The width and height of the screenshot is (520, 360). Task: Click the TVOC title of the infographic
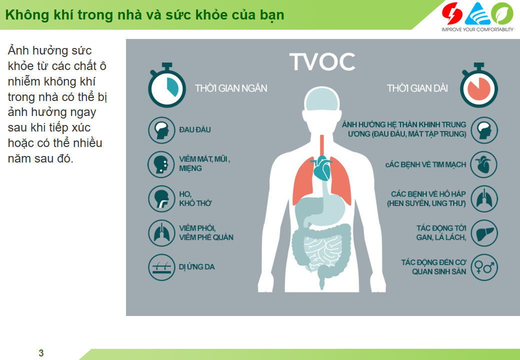(322, 61)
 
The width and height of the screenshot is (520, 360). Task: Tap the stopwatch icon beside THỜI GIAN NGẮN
(167, 85)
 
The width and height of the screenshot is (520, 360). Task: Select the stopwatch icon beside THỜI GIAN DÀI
(478, 85)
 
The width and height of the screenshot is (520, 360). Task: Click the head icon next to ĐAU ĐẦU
(161, 130)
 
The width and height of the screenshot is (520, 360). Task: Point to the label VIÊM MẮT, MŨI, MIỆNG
(204, 164)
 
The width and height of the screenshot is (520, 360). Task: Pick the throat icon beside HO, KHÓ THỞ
(161, 198)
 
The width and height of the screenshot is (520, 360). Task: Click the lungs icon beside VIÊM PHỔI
(161, 233)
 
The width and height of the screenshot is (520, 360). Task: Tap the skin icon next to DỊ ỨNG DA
(161, 267)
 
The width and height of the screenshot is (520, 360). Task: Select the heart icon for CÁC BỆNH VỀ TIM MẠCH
(484, 164)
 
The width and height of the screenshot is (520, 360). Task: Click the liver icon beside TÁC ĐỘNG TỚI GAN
(484, 233)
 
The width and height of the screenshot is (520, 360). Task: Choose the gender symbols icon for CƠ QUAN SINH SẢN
(484, 267)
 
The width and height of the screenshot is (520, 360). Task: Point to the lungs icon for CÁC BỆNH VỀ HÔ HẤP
(484, 198)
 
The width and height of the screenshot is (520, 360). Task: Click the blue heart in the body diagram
(321, 167)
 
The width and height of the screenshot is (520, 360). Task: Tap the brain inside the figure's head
(321, 99)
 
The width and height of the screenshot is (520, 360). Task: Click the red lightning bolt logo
(452, 13)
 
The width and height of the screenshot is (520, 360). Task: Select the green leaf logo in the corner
(502, 13)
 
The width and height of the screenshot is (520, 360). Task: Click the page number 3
(41, 353)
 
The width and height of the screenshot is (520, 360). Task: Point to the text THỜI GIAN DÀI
(417, 88)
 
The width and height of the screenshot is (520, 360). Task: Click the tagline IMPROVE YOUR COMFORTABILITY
(477, 29)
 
